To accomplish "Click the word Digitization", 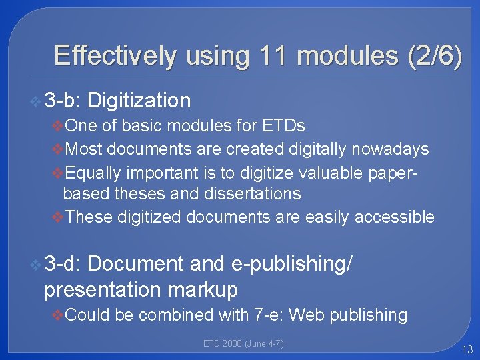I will (139, 101).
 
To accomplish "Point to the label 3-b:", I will (62, 101).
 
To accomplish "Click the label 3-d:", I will (62, 264).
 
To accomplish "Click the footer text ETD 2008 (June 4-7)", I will (243, 343).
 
